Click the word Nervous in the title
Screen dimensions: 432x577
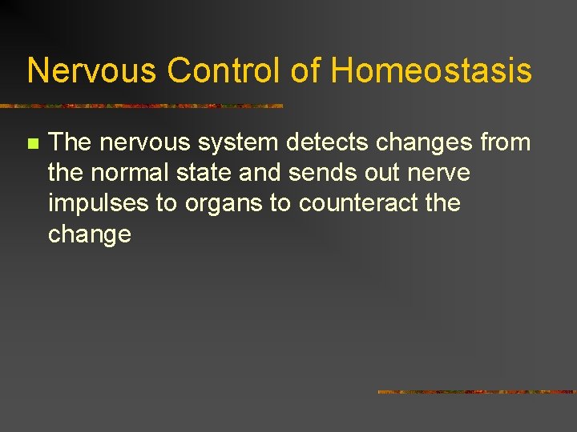(x=92, y=70)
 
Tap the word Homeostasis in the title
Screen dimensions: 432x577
(x=431, y=70)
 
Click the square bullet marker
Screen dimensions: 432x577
(x=32, y=144)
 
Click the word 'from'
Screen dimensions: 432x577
(x=502, y=142)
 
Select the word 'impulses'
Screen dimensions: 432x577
(x=98, y=204)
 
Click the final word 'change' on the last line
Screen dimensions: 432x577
(x=89, y=235)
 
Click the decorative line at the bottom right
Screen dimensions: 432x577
(x=476, y=392)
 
